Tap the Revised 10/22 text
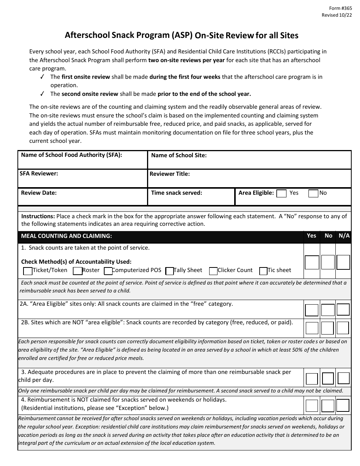pos(335,15)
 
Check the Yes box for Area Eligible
pos(282,194)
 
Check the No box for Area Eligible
pos(313,194)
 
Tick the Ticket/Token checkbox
pos(28,271)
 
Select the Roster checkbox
pos(78,271)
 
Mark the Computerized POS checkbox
pos(108,271)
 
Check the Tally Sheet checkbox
pos(170,271)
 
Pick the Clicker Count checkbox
pos(213,271)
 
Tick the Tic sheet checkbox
pos(263,271)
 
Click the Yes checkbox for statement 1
pos(312,262)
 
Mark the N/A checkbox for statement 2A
pos(343,310)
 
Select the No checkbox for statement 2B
pos(328,328)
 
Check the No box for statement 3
pos(328,378)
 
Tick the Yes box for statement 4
pos(312,406)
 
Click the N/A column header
pos(344,236)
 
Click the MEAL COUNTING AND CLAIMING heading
pos(66,236)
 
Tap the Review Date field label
pos(39,193)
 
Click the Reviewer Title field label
pos(170,174)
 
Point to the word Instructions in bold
pos(38,216)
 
